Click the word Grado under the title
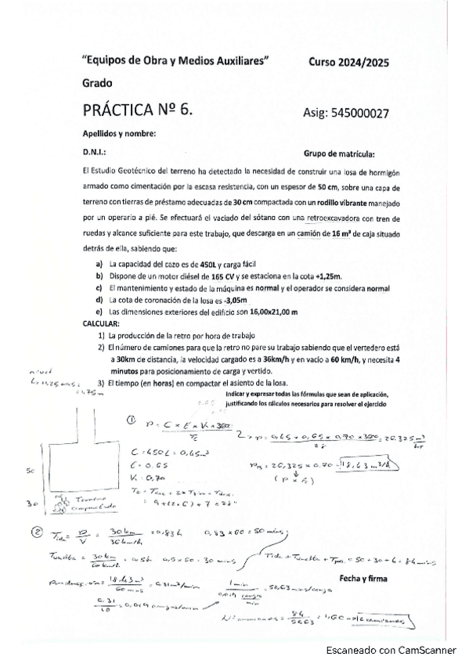[x=97, y=83]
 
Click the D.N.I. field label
[x=94, y=153]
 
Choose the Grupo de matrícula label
[x=337, y=153]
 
